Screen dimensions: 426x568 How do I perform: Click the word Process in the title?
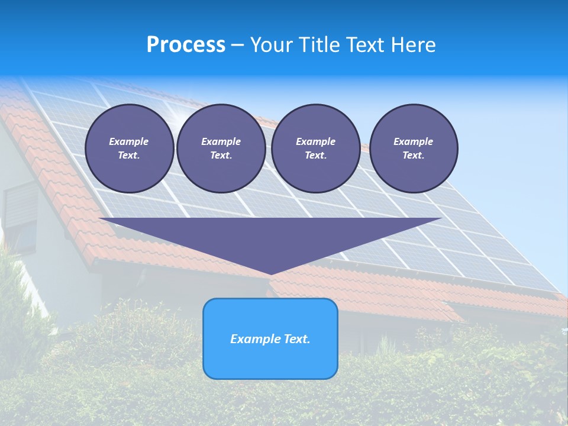click(x=186, y=45)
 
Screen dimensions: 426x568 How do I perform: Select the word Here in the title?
click(x=414, y=45)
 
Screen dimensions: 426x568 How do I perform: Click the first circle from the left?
click(x=129, y=149)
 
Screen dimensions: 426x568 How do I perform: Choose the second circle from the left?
click(x=221, y=149)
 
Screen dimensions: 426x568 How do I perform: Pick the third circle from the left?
click(x=315, y=149)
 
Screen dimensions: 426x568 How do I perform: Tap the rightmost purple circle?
click(x=413, y=149)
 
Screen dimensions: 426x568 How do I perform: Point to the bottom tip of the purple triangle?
click(x=271, y=273)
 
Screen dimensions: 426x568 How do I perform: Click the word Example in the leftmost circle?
click(x=129, y=141)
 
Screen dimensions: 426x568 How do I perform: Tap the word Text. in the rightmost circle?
click(x=413, y=156)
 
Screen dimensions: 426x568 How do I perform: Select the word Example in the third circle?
click(x=315, y=141)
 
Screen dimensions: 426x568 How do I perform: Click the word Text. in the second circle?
click(x=221, y=156)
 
